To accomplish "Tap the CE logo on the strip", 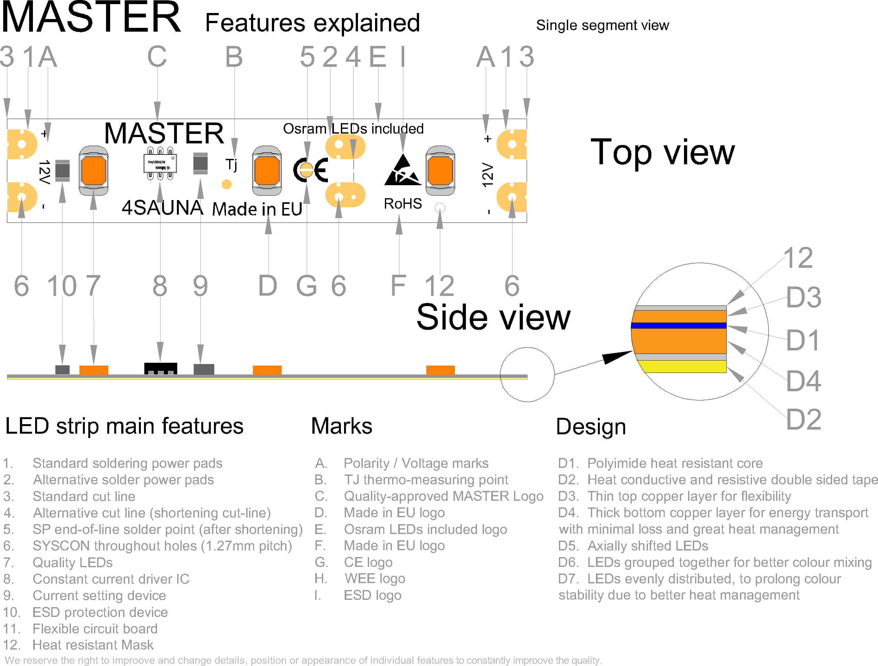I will coord(311,170).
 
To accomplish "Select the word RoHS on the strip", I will coord(403,204).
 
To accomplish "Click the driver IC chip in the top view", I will coord(160,163).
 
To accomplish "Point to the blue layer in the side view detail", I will coord(679,325).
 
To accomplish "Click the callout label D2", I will coord(803,419).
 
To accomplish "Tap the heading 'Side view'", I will coord(493,317).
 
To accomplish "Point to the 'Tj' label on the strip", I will coord(231,164).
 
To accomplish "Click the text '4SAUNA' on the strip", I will coord(162,208).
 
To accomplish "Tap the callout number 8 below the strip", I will coord(160,286).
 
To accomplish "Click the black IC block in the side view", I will coord(160,368).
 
